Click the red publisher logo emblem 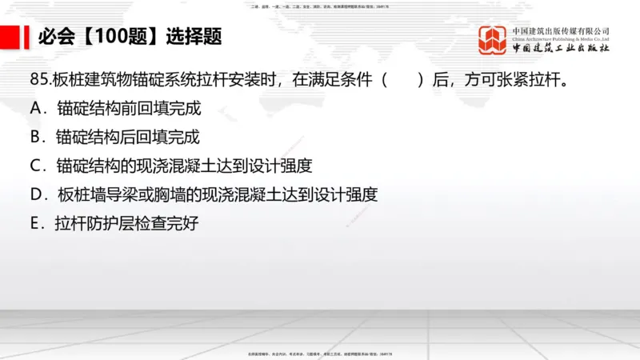[x=494, y=39]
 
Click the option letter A [x=35, y=108]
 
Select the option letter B [x=35, y=138]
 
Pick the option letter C [x=35, y=166]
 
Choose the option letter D [x=35, y=195]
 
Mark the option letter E [x=35, y=225]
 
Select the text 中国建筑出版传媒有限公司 [x=561, y=30]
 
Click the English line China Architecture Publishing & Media [x=561, y=39]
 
